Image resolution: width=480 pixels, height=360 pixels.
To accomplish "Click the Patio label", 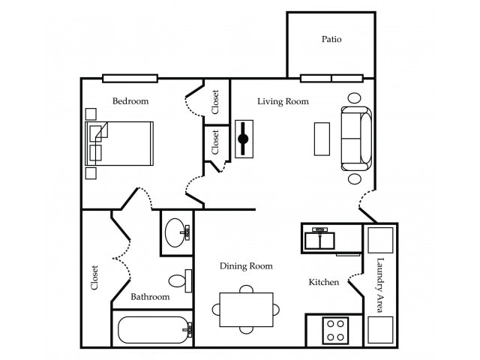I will (331, 39).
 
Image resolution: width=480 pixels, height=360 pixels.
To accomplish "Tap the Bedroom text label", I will (130, 101).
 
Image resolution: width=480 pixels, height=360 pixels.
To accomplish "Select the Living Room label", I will (283, 101).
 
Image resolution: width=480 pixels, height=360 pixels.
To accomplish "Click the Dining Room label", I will (246, 266).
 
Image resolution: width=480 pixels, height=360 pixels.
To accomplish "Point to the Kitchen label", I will (324, 283).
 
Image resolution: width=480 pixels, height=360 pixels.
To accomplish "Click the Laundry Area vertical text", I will (380, 285).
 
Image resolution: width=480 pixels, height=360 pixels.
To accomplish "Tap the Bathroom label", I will (150, 297).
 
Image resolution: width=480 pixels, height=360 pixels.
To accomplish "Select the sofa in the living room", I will (356, 137).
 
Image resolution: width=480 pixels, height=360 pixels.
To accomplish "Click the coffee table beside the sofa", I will (322, 139).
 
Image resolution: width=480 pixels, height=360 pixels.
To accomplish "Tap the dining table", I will (247, 309).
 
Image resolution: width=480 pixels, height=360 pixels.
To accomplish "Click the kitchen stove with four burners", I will (335, 329).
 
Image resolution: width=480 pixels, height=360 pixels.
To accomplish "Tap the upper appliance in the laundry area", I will (380, 240).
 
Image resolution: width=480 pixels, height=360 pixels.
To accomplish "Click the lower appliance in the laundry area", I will (380, 330).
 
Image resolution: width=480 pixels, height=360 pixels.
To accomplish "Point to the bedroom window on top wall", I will (130, 78).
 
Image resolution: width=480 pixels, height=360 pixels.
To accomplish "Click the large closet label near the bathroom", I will (94, 277).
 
